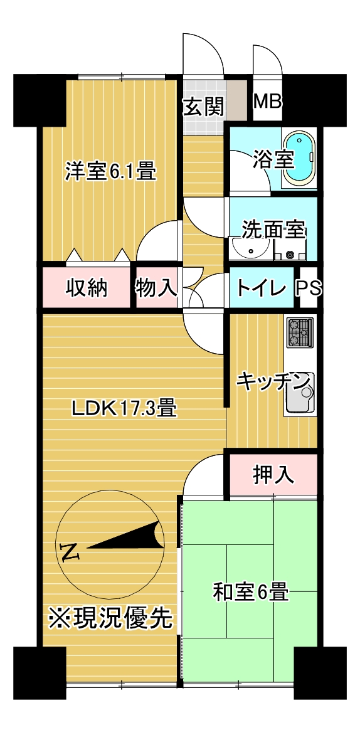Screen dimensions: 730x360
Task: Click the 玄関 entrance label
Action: coord(203,107)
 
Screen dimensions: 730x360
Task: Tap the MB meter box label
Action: coord(268,102)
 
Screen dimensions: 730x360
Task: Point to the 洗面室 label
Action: coord(273,230)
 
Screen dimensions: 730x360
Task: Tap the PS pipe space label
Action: coord(309,288)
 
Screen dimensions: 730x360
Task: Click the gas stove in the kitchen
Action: coord(299,333)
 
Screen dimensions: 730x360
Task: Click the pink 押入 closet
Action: coord(273,475)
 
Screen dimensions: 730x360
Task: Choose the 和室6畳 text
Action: coord(250,591)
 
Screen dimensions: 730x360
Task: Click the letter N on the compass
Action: coord(71,551)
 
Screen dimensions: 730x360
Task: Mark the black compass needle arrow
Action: coord(125,537)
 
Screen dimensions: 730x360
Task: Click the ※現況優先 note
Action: coord(110,620)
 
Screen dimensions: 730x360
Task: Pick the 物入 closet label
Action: coord(156,288)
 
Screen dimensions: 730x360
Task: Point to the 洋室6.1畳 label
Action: coord(110,171)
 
